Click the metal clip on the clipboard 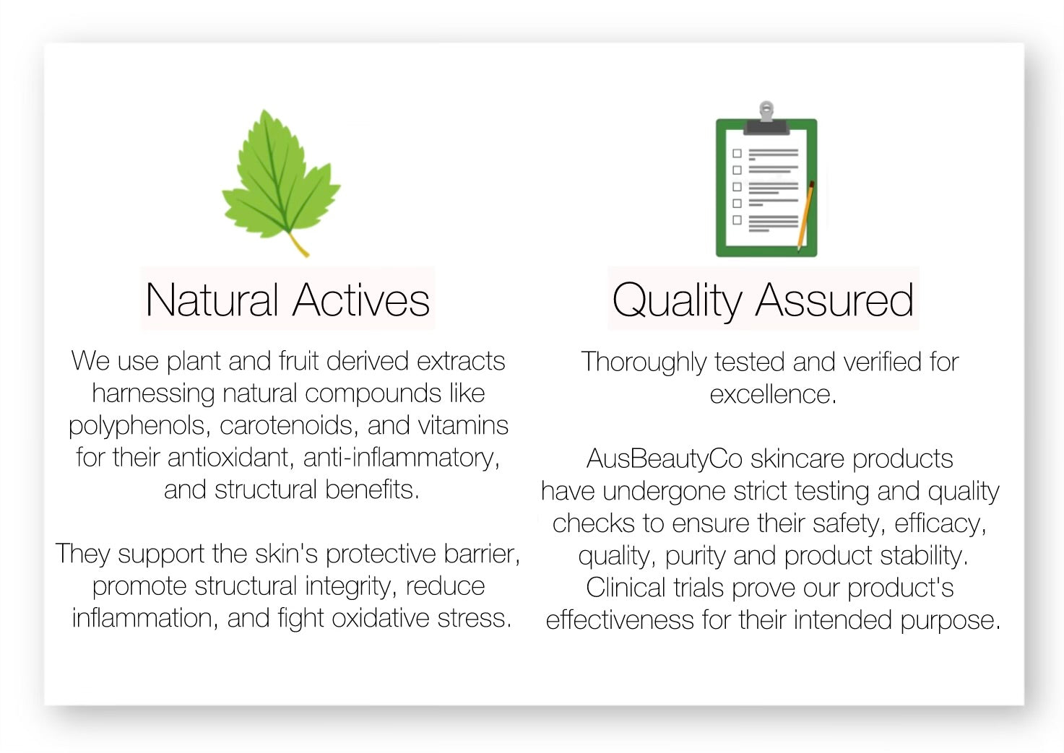tap(766, 118)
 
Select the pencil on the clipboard tap(805, 216)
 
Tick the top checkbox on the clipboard tap(738, 153)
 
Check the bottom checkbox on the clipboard tap(738, 219)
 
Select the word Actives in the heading tap(361, 300)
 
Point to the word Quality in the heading tap(677, 302)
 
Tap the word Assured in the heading tap(834, 300)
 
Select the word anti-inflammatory tap(402, 458)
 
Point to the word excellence tap(773, 395)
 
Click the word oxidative tap(381, 618)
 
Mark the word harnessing tap(153, 394)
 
